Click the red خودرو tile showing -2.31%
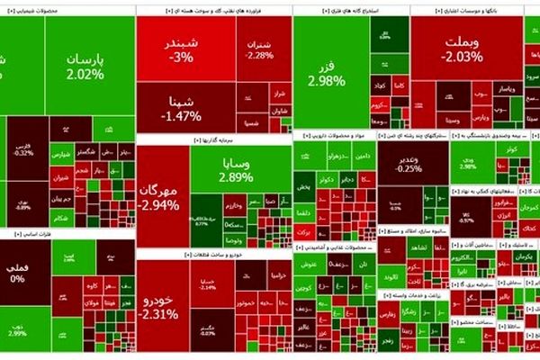[x=162, y=306]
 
